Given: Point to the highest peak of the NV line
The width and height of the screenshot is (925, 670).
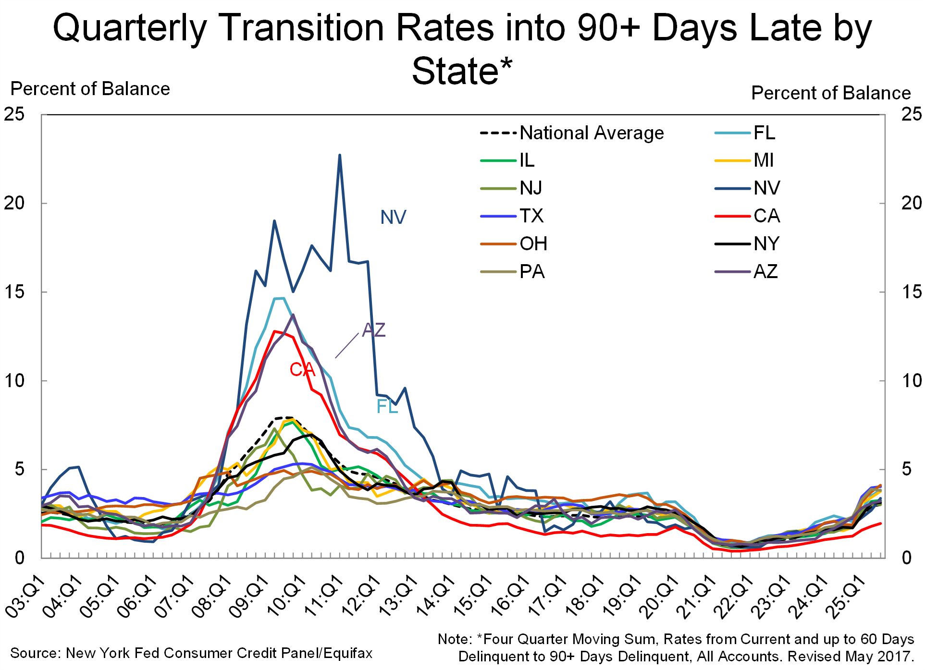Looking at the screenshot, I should (340, 155).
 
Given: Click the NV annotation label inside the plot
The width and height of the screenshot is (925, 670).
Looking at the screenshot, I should (393, 218).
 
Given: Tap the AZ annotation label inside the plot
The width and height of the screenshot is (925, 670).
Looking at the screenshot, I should (374, 330).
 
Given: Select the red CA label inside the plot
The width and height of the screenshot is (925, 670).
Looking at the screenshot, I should (302, 369).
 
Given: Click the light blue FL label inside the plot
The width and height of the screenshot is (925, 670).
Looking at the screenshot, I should (387, 407).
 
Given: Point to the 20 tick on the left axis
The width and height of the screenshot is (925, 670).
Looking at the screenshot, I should (14, 203).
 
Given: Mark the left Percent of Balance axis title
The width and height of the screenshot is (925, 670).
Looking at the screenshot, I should (90, 89).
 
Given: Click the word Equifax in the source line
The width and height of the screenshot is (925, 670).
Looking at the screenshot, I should (348, 653).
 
